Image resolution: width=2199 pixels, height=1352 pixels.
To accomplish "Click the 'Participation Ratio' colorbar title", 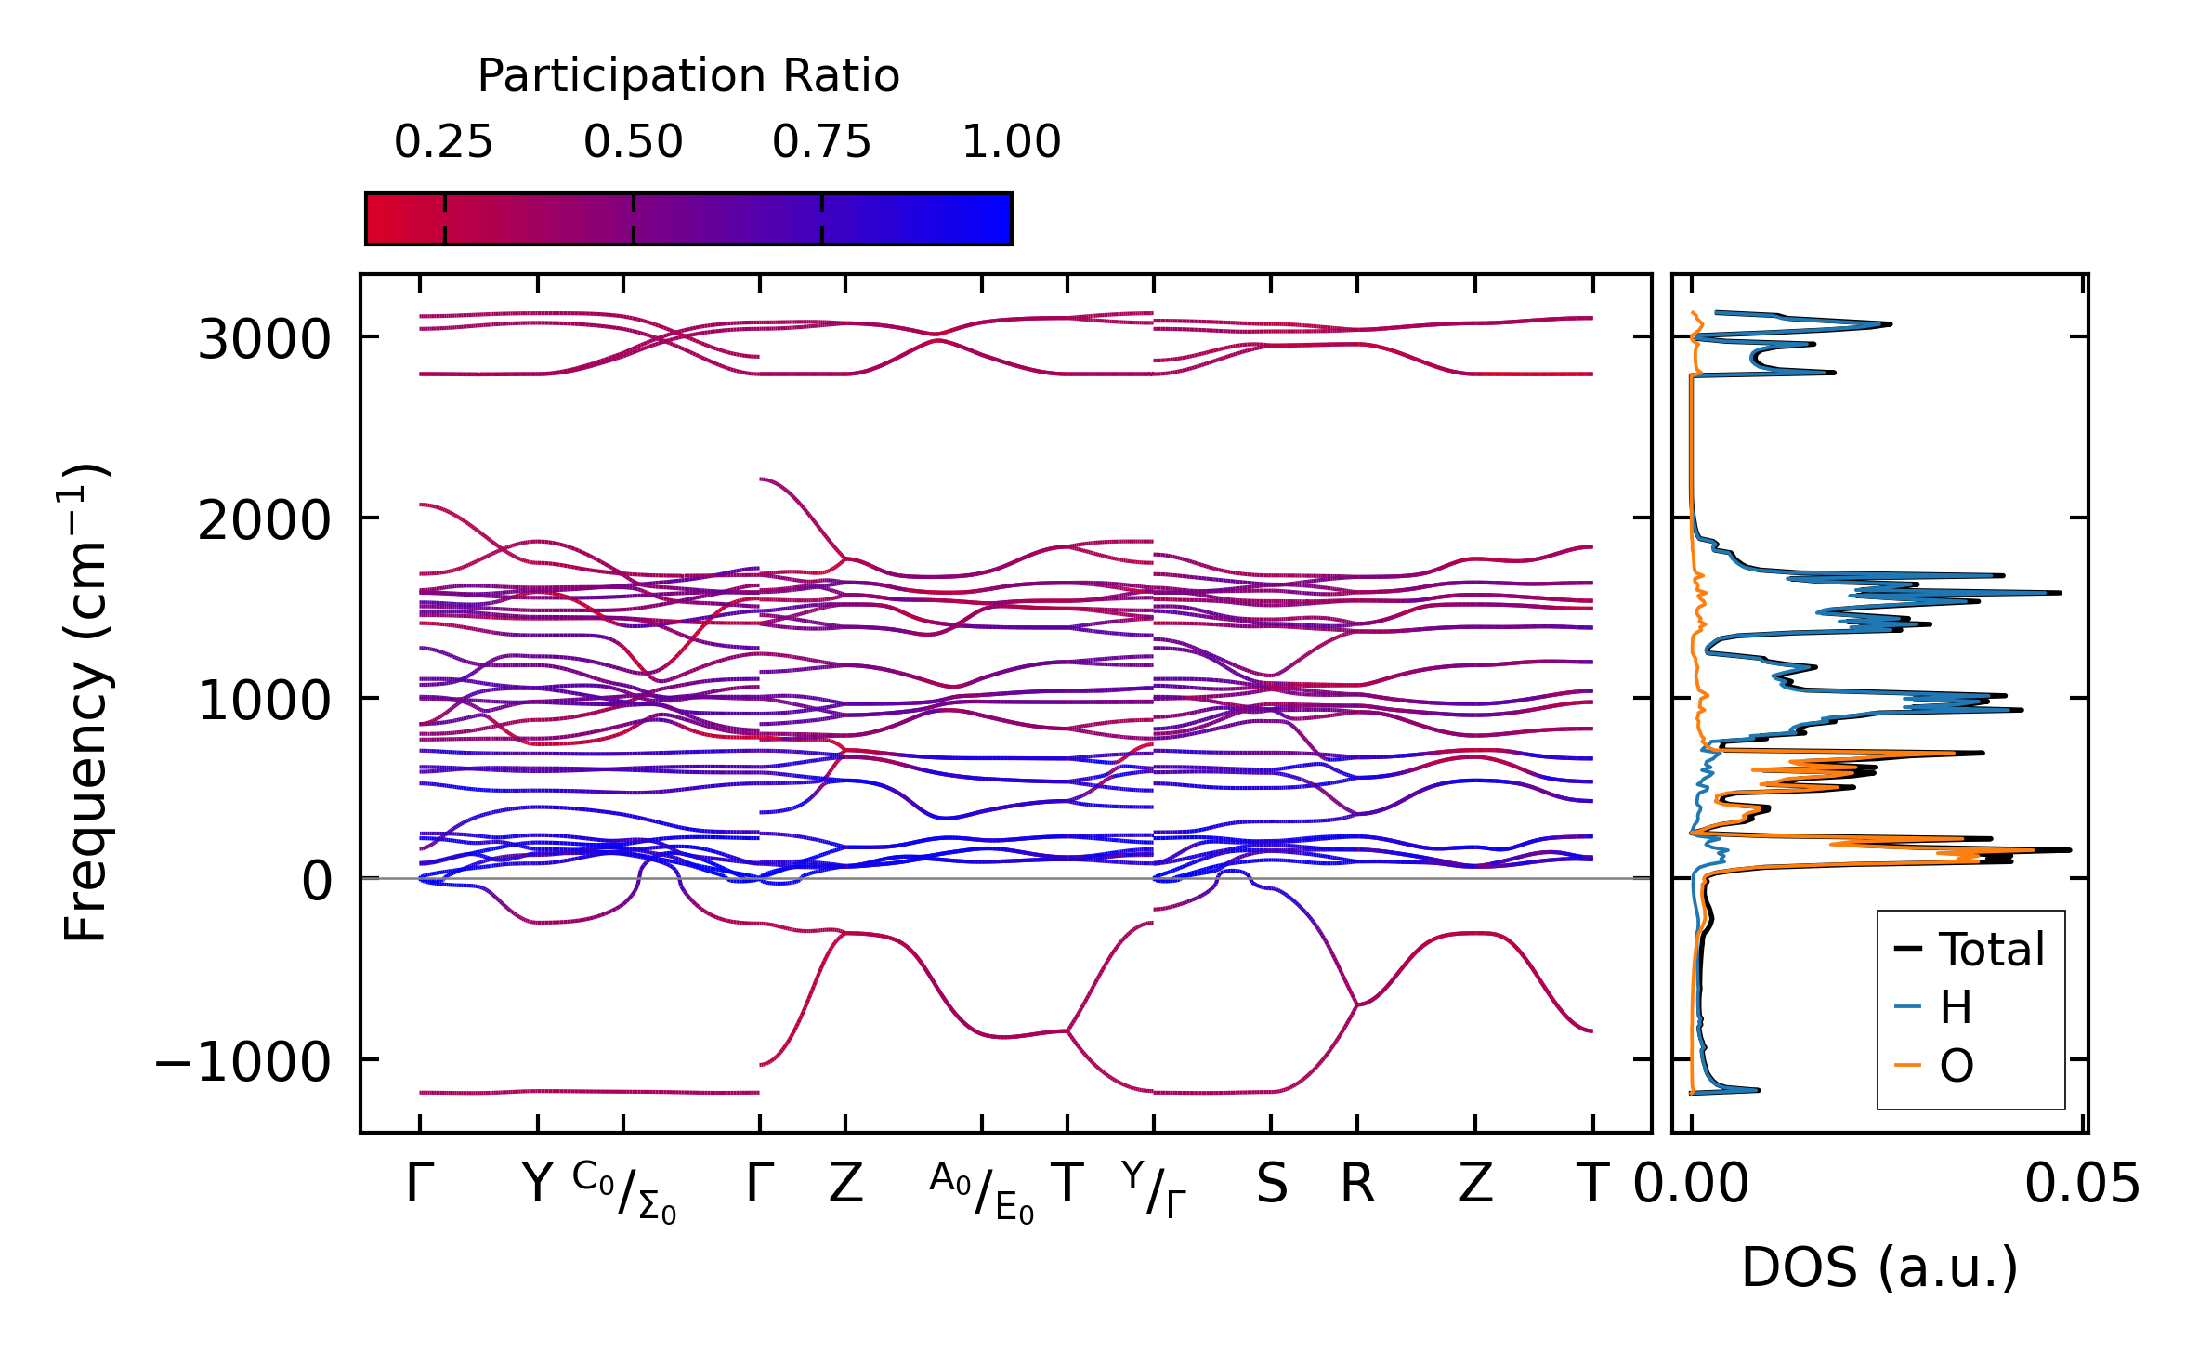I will (687, 76).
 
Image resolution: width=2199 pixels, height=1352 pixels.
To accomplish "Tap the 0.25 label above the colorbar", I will (443, 142).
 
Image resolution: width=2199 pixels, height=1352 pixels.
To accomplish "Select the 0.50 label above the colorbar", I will (633, 142).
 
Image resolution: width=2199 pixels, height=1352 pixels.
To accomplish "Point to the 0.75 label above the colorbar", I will (821, 142).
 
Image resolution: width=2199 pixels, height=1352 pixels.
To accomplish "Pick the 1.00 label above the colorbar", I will (1011, 142).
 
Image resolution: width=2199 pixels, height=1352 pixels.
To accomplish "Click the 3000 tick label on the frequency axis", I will (264, 339).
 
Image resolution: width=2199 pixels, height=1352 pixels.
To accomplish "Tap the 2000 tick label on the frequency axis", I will (264, 520).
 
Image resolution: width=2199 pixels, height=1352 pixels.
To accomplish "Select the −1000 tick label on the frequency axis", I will (242, 1062).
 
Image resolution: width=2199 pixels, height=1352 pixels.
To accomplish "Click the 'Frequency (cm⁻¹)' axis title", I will (85, 702).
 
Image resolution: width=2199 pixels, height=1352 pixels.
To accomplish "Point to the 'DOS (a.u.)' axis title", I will (1879, 1267).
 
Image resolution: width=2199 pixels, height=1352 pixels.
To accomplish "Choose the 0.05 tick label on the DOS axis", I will (2082, 1185).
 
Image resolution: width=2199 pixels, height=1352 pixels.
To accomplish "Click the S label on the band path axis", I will (1271, 1185).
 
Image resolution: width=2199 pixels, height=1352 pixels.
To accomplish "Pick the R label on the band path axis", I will (1356, 1185).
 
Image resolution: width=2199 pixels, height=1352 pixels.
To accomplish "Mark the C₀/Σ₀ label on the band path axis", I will (624, 1191).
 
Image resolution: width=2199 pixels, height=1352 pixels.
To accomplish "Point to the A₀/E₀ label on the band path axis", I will (981, 1191).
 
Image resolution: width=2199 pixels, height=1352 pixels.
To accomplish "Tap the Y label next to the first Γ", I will (537, 1185).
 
